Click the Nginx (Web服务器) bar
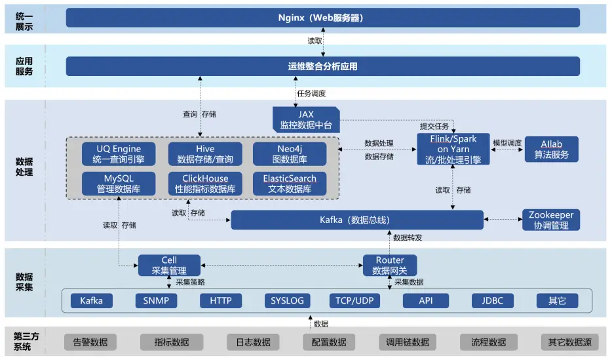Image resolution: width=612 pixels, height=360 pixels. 322,18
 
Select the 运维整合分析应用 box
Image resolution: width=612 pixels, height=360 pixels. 322,66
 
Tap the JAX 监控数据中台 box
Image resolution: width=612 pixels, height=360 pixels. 306,119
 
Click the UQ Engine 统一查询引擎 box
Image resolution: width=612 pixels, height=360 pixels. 119,154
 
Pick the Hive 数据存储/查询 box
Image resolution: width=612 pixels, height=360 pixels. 205,154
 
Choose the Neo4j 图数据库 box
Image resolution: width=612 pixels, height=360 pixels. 290,154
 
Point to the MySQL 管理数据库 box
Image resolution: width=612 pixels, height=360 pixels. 119,184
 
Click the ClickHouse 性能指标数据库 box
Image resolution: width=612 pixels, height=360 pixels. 205,184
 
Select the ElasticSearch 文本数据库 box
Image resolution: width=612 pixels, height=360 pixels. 290,184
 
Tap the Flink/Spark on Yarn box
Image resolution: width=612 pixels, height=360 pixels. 453,150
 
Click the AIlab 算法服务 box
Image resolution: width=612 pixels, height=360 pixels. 551,150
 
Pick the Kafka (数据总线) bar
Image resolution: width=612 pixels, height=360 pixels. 357,220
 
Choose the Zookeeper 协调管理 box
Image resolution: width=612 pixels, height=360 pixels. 551,220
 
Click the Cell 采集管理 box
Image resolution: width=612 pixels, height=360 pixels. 168,266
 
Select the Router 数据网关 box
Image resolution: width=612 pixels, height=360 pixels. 390,266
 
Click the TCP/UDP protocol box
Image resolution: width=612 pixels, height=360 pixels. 354,301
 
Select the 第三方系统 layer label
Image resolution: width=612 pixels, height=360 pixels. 26,341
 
